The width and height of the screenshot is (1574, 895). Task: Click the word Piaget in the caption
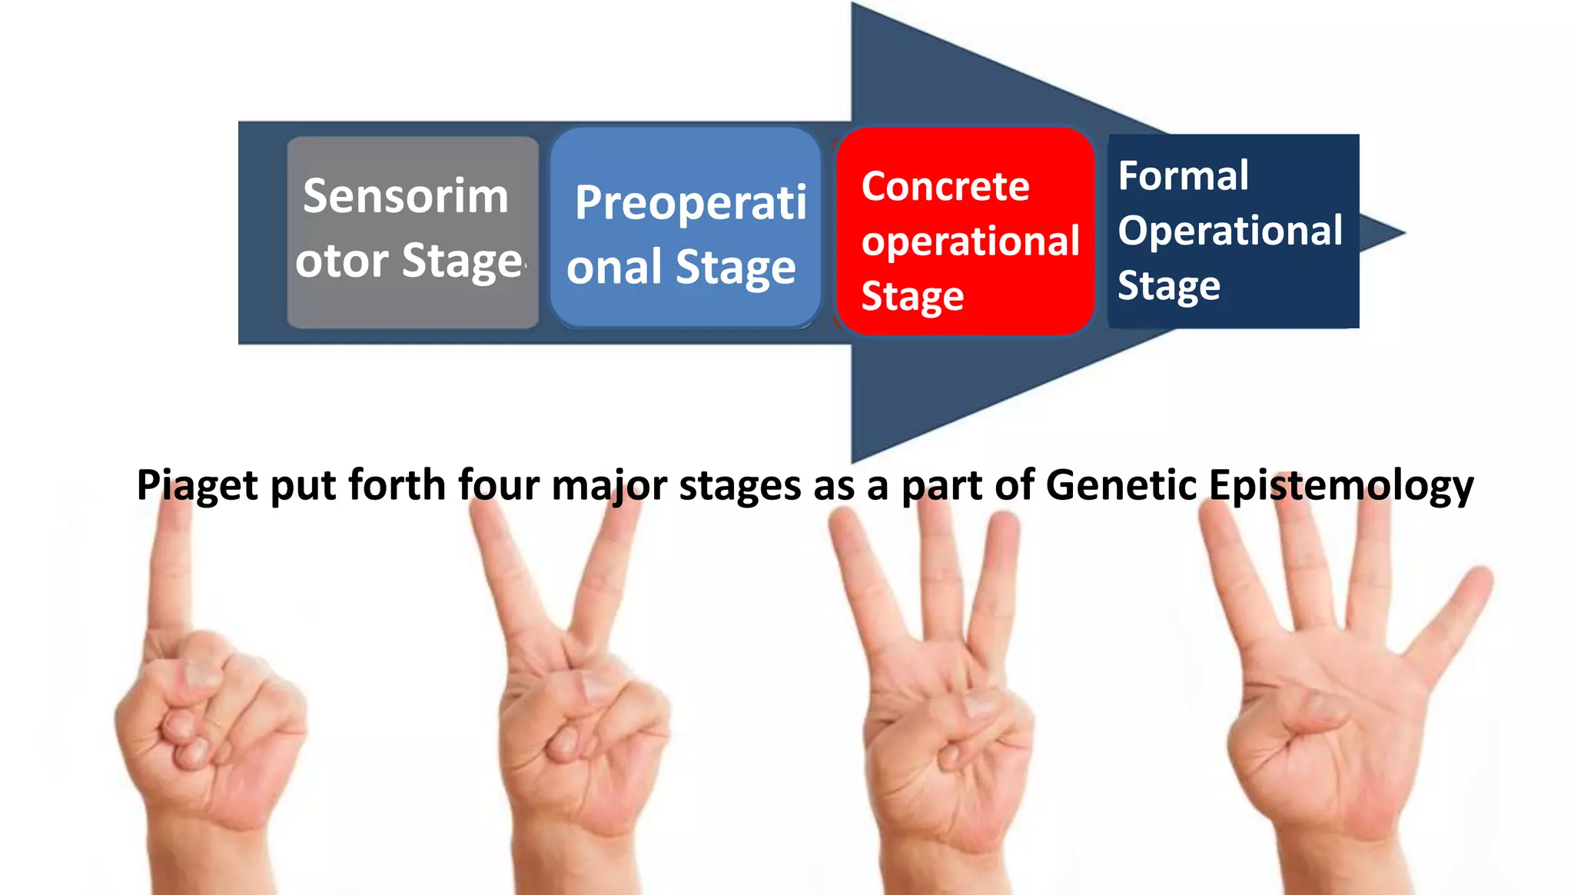click(197, 486)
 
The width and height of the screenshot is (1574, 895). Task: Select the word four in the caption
click(500, 485)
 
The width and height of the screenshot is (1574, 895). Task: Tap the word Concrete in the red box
click(945, 187)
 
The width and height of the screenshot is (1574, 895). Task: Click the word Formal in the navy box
click(1183, 176)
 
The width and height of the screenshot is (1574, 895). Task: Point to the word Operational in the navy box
click(1230, 231)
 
